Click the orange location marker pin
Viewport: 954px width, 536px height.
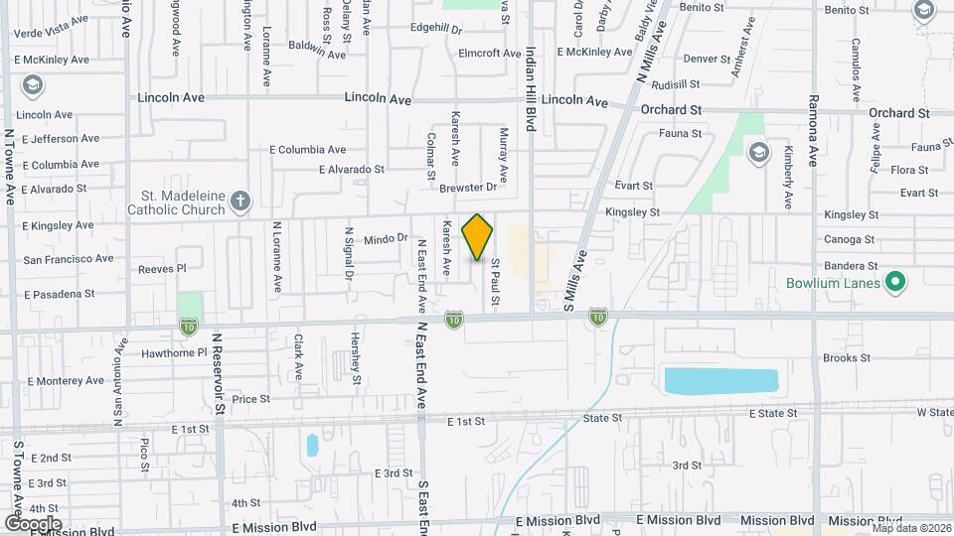click(x=478, y=236)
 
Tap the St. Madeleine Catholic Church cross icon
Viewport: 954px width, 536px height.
click(x=239, y=202)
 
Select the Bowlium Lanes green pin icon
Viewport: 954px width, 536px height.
click(x=895, y=284)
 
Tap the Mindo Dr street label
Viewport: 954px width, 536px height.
click(x=387, y=238)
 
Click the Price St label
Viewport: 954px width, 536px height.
click(x=251, y=399)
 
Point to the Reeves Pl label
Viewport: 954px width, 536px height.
click(x=162, y=268)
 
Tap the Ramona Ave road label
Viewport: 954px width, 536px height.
click(x=813, y=129)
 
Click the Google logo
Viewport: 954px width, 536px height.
click(x=33, y=523)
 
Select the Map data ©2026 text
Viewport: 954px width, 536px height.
click(x=911, y=528)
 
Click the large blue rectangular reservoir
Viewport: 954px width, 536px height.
click(x=720, y=381)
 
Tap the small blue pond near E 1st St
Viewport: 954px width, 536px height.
click(x=312, y=445)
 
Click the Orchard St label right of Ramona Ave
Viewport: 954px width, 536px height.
click(x=898, y=113)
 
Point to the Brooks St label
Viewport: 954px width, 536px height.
click(x=847, y=357)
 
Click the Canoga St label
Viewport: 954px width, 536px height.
click(x=850, y=239)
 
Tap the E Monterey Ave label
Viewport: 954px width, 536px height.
click(x=67, y=380)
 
